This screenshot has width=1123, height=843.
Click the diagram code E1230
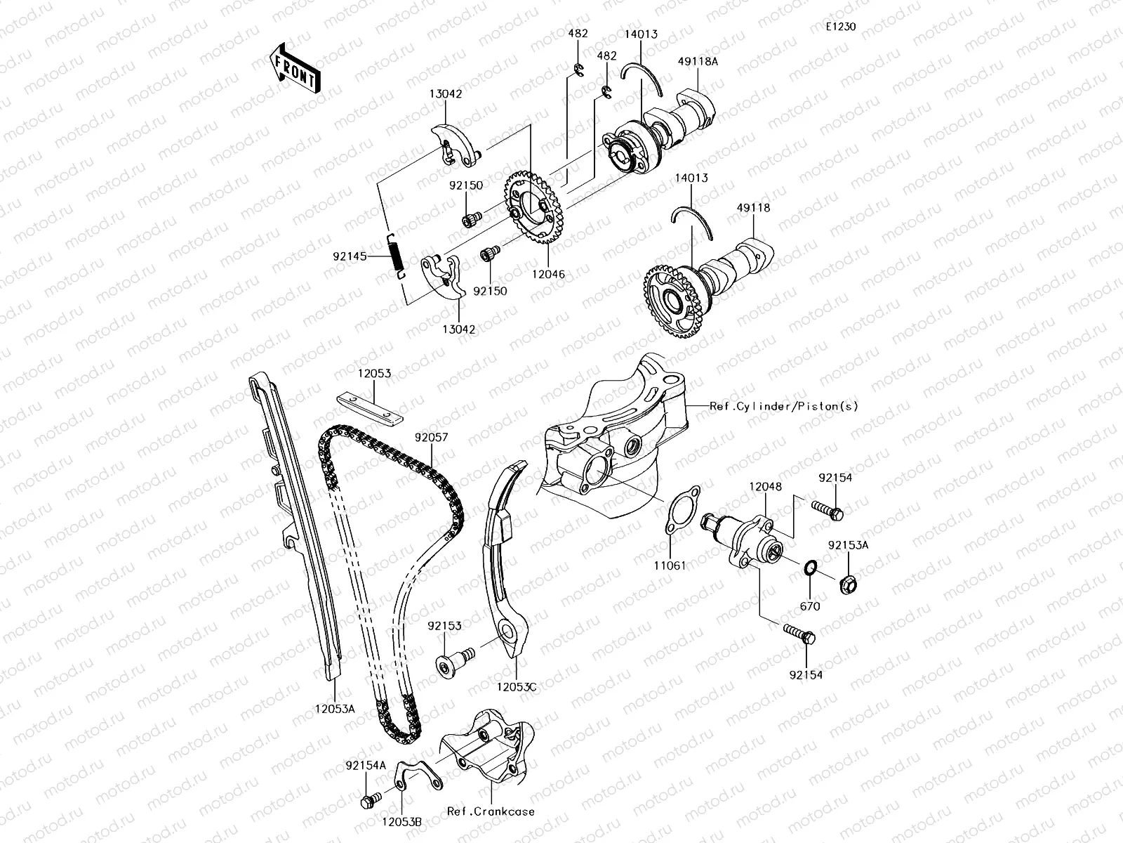(x=840, y=27)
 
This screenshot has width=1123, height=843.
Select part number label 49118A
(x=698, y=61)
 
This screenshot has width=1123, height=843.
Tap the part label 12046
(x=548, y=275)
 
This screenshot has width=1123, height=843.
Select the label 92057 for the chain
(x=431, y=437)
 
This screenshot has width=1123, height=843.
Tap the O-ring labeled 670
(x=811, y=567)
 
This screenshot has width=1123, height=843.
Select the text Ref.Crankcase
(x=491, y=811)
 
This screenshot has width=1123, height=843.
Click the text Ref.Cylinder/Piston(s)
(x=783, y=406)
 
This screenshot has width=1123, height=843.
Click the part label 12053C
(x=518, y=686)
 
